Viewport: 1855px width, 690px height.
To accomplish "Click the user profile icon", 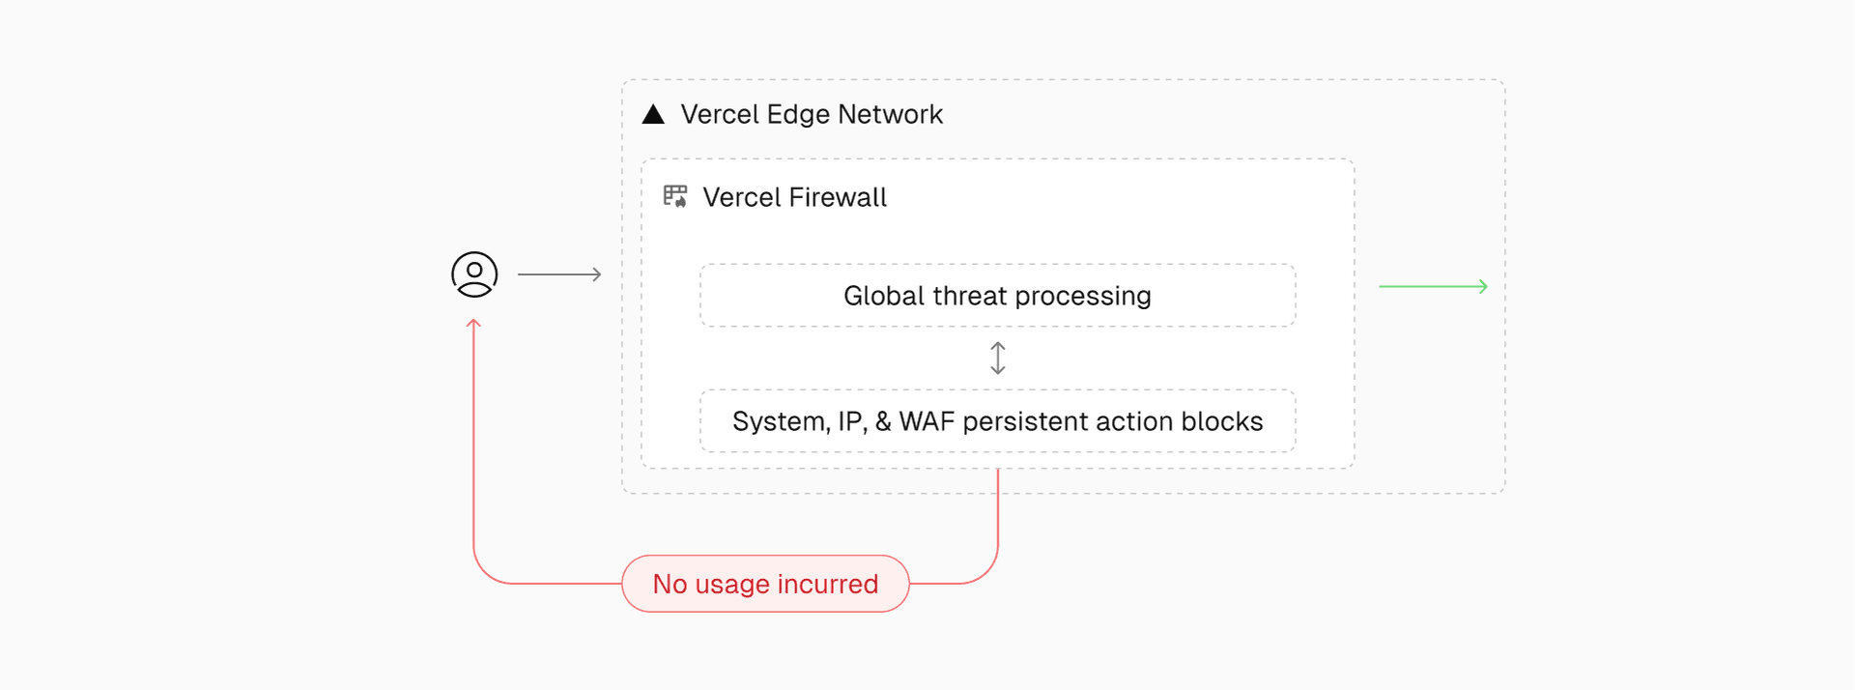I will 474,274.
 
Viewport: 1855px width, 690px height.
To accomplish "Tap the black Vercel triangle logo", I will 653,115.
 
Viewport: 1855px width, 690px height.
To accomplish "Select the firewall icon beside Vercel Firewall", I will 675,196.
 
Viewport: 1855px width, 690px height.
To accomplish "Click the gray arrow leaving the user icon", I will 559,274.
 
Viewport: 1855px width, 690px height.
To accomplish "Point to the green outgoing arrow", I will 1433,286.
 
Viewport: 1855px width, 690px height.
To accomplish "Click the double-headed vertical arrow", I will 998,358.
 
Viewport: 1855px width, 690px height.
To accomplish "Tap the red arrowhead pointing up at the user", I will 473,325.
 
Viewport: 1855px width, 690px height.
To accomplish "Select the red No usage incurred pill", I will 765,584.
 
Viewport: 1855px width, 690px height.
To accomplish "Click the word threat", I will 970,296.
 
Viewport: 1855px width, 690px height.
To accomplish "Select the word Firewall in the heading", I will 837,197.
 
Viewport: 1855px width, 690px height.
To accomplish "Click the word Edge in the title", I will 798,115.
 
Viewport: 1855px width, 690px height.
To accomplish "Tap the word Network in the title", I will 890,114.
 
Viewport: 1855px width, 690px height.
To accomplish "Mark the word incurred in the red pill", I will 828,584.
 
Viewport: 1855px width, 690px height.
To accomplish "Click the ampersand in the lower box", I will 883,421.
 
